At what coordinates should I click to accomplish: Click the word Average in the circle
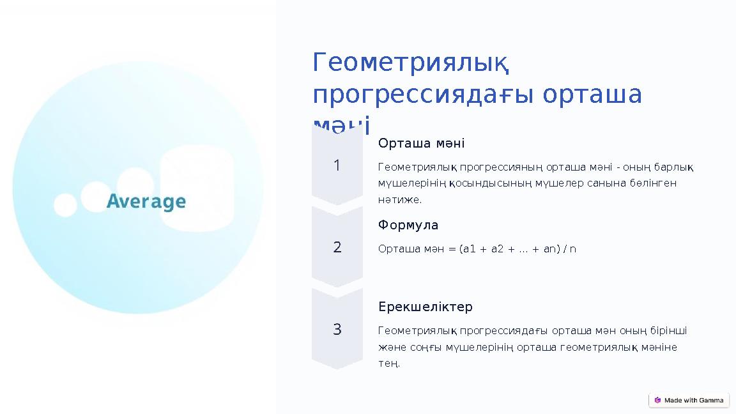tap(146, 203)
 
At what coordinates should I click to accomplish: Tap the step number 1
tap(337, 166)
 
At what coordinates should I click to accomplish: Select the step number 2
tap(337, 247)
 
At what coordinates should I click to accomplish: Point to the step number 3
tap(337, 330)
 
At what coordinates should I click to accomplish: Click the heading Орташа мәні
tap(421, 143)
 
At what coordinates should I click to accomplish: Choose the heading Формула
tap(408, 225)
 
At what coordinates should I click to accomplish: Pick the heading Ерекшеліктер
tap(425, 307)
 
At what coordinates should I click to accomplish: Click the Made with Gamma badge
tap(689, 401)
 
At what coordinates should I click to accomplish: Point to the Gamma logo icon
tap(657, 401)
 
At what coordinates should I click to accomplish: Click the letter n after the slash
tap(573, 249)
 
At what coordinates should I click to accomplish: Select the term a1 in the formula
tap(469, 249)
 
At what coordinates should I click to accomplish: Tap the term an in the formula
tap(549, 249)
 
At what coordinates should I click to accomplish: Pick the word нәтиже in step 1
tap(399, 200)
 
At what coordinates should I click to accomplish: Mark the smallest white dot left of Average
tap(65, 206)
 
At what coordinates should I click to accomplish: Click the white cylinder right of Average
tap(197, 188)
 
